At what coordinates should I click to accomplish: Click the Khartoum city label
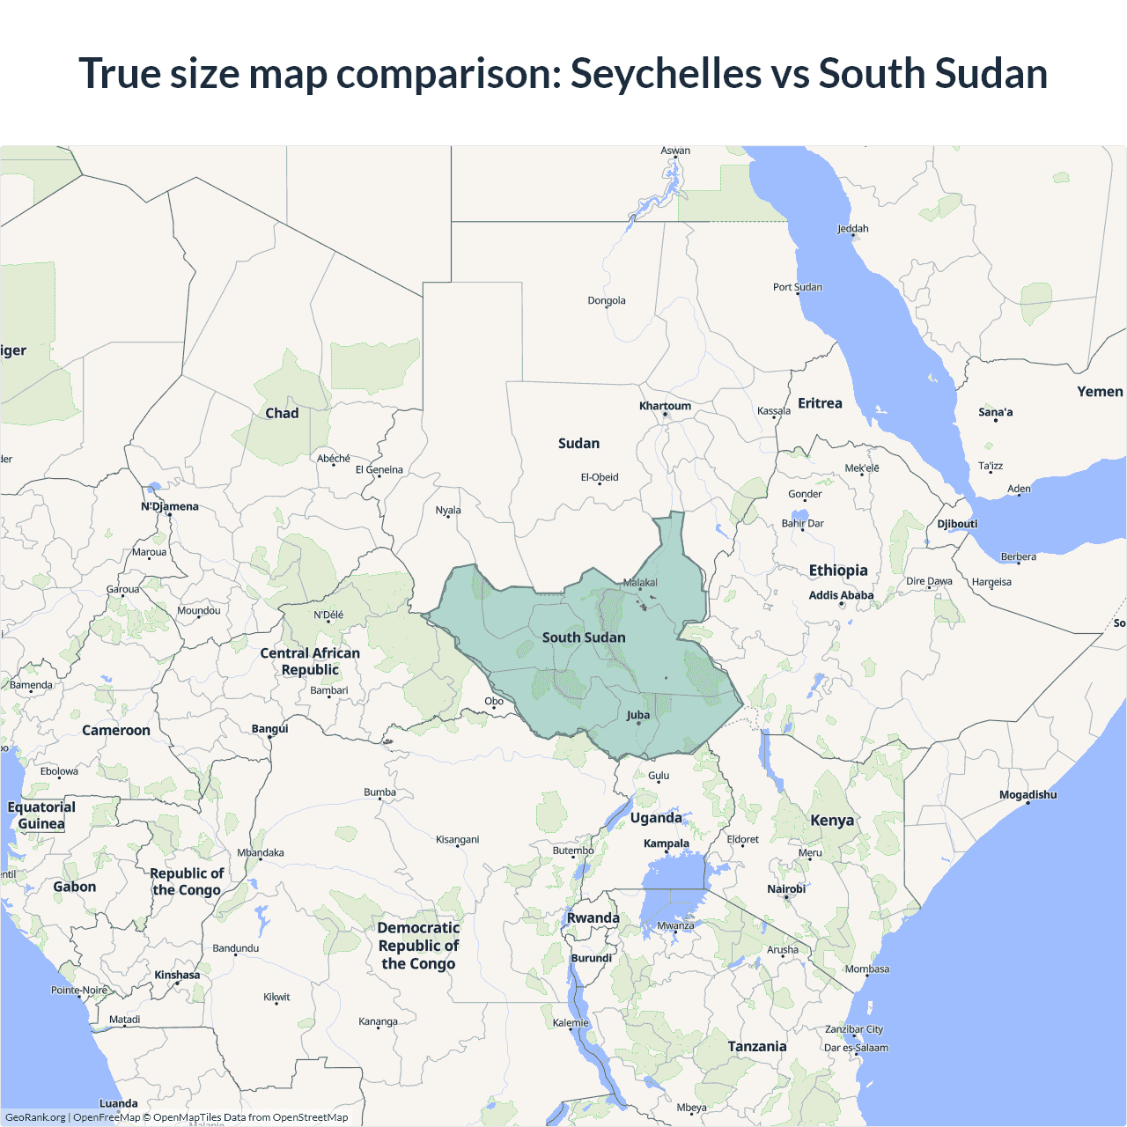click(665, 406)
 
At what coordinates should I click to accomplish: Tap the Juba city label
click(638, 715)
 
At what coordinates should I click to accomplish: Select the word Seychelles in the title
click(666, 73)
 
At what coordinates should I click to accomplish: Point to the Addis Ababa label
click(841, 595)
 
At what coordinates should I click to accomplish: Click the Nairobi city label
click(786, 889)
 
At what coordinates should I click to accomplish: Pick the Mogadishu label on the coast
click(1028, 795)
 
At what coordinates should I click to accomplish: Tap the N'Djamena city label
click(170, 506)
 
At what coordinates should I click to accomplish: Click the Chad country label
click(282, 413)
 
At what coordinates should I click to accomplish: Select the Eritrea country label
click(820, 403)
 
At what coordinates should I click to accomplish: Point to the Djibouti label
click(957, 524)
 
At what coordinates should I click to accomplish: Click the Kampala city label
click(667, 843)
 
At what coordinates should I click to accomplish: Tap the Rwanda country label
click(593, 917)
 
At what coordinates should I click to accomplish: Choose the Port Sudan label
click(798, 287)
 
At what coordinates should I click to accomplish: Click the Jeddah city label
click(852, 229)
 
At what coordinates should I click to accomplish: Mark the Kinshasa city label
click(177, 975)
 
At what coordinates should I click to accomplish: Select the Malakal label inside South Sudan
click(640, 582)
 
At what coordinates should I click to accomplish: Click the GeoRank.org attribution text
click(35, 1117)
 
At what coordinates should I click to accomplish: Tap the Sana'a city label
click(996, 412)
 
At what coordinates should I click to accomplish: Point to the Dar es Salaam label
click(856, 1048)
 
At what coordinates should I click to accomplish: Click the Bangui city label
click(269, 729)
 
